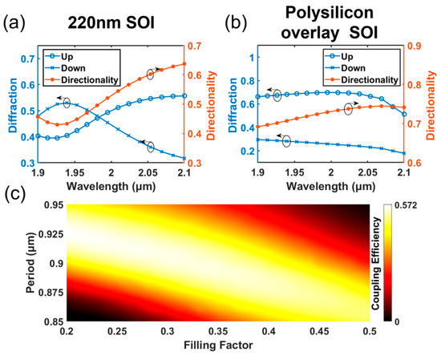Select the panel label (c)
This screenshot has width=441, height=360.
tap(14, 194)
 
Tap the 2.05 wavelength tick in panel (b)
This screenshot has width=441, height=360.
tap(368, 172)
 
